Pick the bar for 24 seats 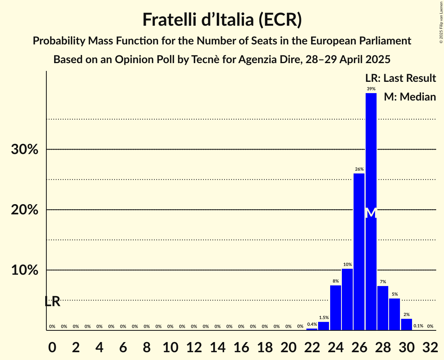click(x=336, y=308)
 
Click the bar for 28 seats click(x=383, y=308)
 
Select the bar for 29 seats click(x=394, y=314)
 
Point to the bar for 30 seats click(x=407, y=324)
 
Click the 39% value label click(x=371, y=89)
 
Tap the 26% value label click(x=359, y=169)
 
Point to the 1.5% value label click(x=324, y=318)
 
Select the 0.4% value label click(x=312, y=324)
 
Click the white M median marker click(x=371, y=213)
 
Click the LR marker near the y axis click(x=52, y=301)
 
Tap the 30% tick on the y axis click(x=25, y=150)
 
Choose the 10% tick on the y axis click(x=25, y=270)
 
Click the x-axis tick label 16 click(x=241, y=345)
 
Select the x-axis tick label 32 click(x=430, y=345)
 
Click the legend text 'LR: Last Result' click(x=400, y=78)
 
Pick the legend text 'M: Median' click(x=410, y=97)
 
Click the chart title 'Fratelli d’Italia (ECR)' click(x=222, y=19)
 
